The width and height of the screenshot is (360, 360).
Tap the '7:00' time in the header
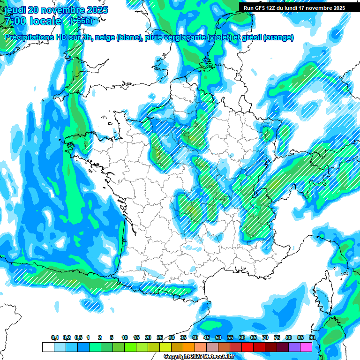click(14, 21)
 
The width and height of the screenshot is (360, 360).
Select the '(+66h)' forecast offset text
click(81, 21)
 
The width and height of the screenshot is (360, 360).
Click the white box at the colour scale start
click(48, 347)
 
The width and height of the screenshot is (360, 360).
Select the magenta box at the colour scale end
click(306, 347)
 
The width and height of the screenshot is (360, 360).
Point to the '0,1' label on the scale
click(54, 338)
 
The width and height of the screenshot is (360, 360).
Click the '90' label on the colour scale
click(312, 338)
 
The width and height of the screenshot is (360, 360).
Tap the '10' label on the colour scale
click(124, 338)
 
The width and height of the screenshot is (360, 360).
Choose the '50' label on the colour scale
click(218, 338)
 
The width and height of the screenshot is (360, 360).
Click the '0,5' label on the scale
click(78, 338)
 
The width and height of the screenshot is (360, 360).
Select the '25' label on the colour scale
click(160, 338)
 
